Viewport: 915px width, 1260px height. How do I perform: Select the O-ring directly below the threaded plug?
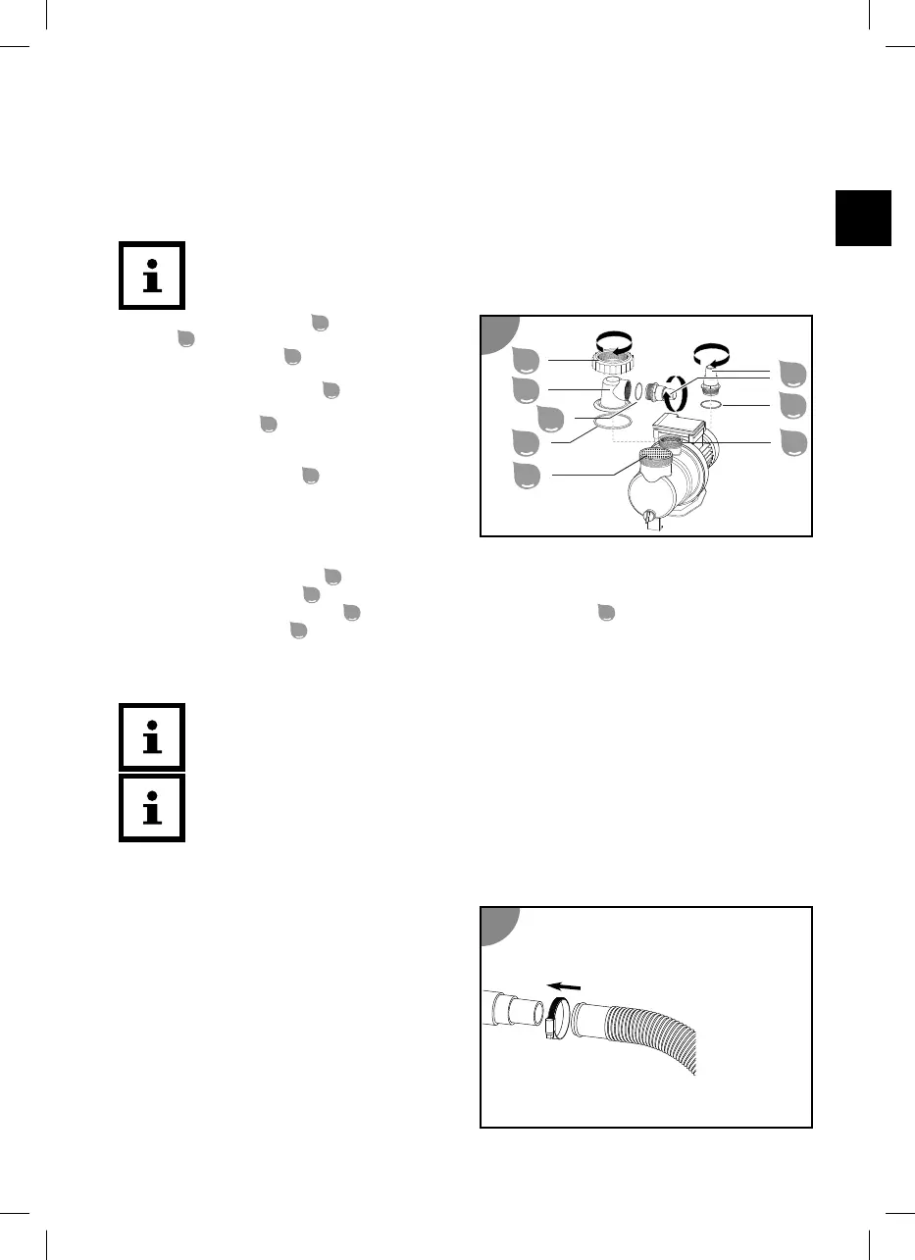click(x=714, y=405)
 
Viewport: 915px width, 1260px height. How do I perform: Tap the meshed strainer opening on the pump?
click(x=662, y=455)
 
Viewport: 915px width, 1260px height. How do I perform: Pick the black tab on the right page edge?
click(x=864, y=218)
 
